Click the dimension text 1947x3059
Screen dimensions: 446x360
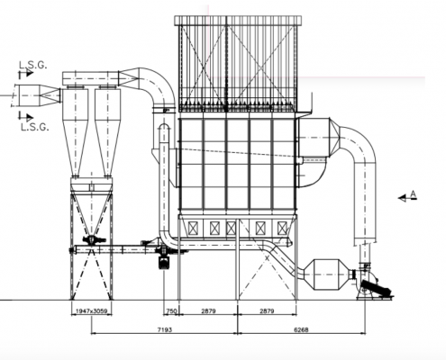coord(91,311)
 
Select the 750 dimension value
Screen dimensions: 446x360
coord(171,311)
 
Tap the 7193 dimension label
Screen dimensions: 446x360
coord(165,330)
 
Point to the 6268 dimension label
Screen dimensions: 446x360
coord(301,330)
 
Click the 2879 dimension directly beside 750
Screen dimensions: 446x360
coord(208,311)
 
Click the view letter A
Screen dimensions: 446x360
coord(414,194)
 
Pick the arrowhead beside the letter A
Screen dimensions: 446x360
coord(402,198)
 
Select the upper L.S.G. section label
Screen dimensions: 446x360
coord(33,65)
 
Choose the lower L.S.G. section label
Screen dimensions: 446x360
coord(34,127)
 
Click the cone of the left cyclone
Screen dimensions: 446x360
coord(76,148)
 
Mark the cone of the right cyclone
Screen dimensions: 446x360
coord(107,148)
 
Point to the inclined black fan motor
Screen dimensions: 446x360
coord(377,287)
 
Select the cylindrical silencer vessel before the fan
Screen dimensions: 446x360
coord(326,274)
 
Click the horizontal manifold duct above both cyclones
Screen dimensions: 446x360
coord(90,78)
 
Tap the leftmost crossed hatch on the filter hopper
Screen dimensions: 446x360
coord(192,229)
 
